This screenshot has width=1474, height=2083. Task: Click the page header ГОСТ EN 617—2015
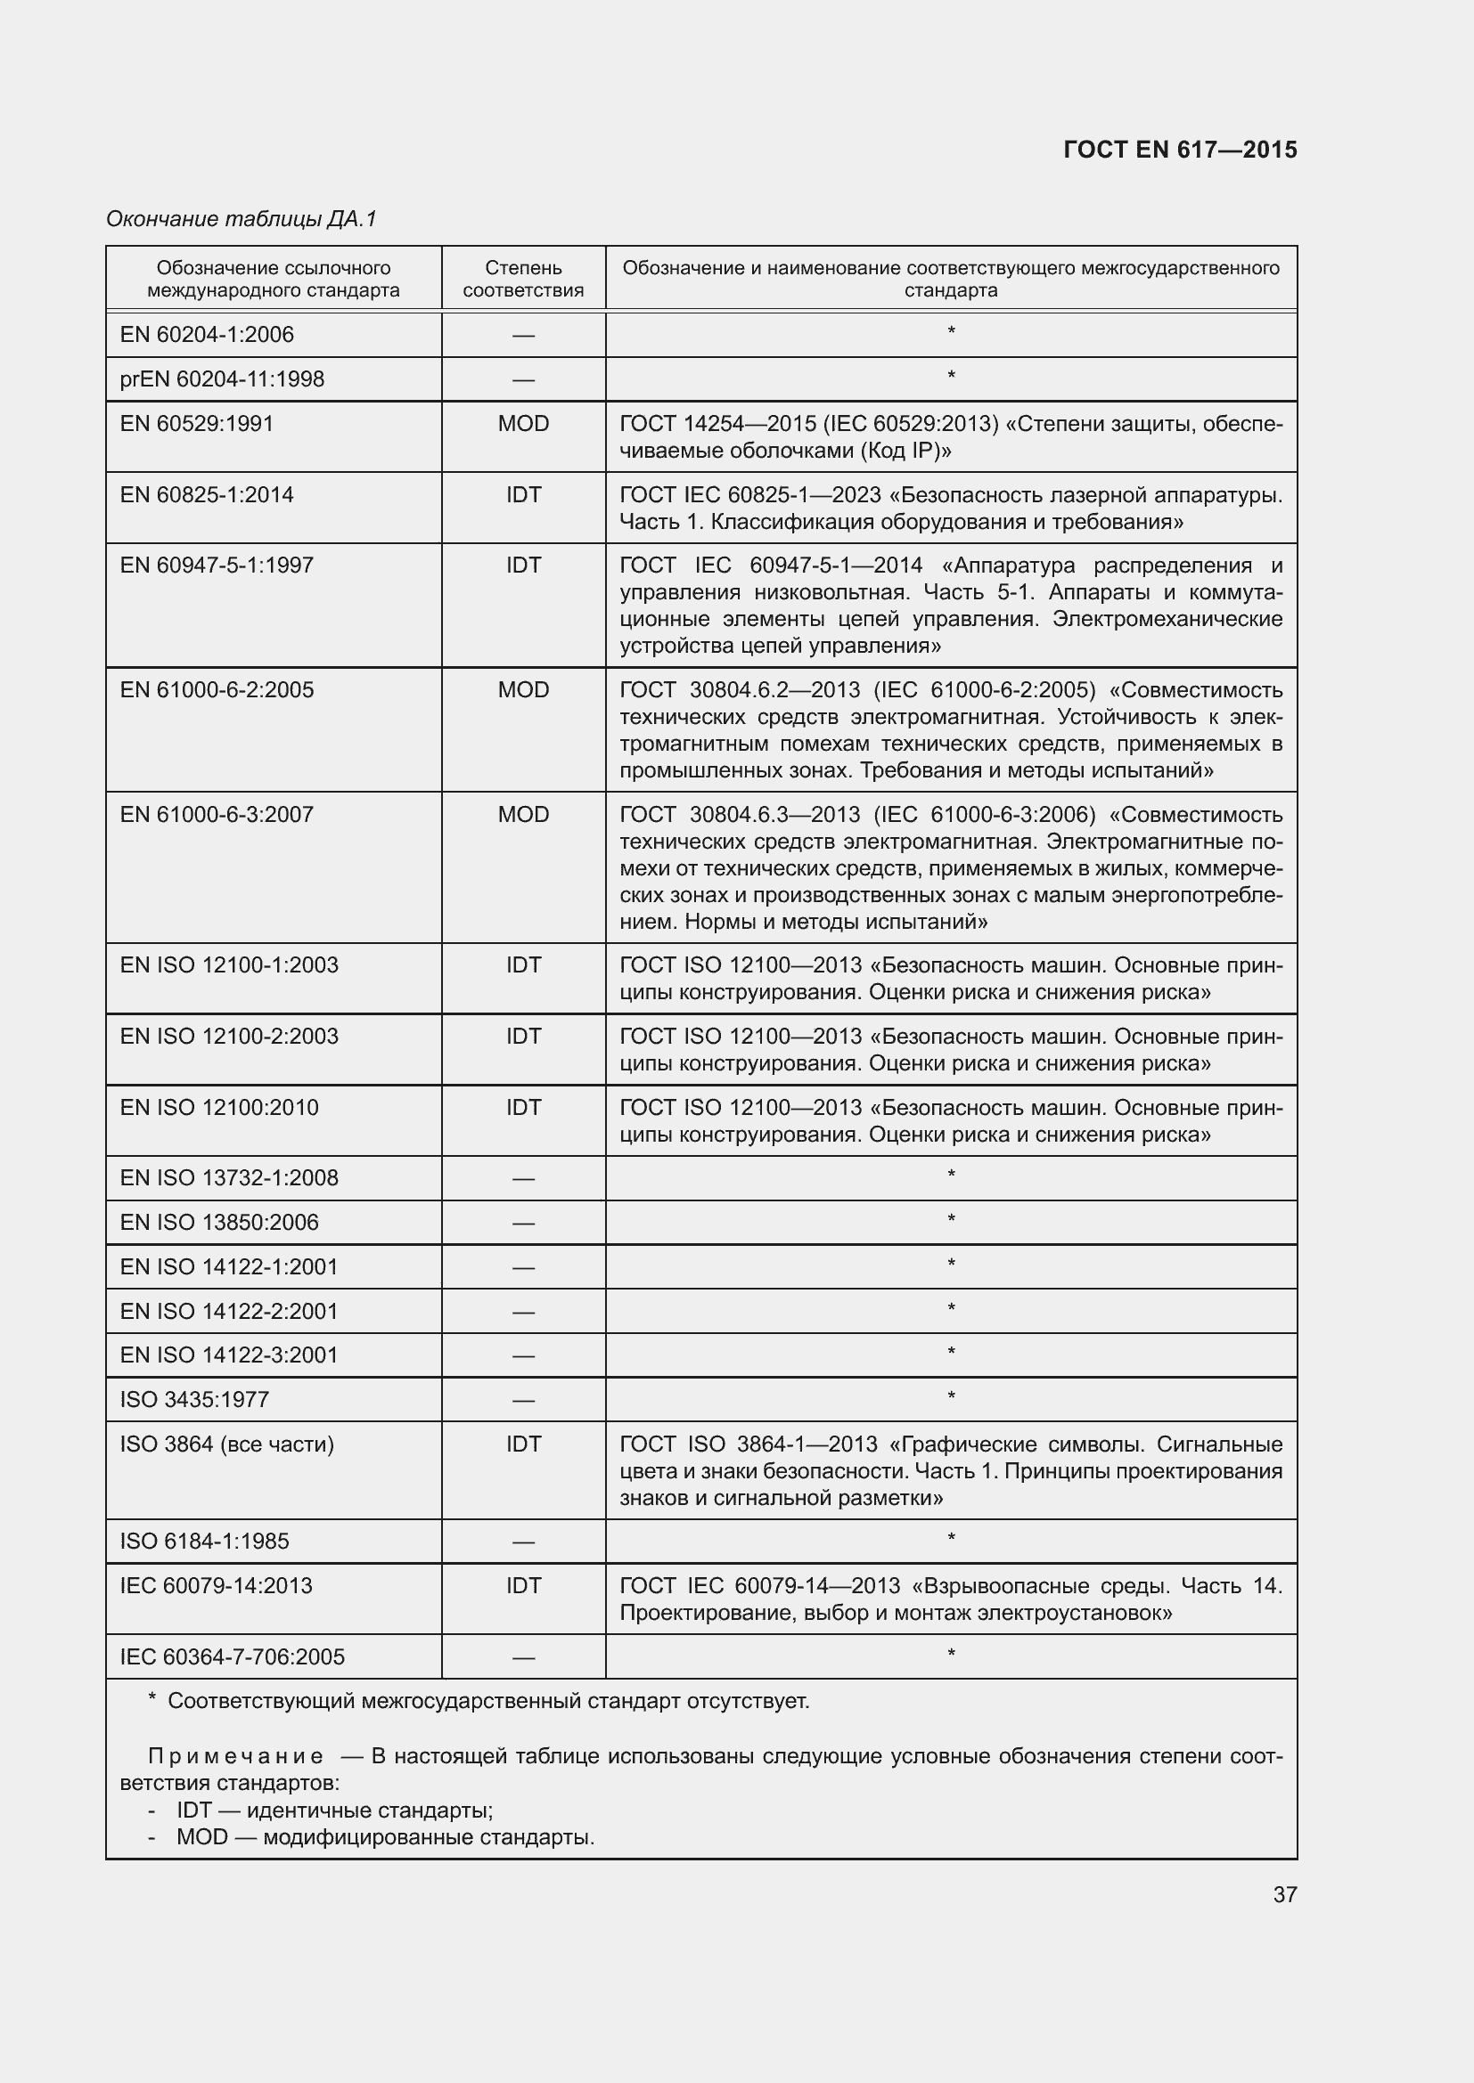[x=1179, y=150]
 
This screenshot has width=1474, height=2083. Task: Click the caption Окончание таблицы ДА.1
[x=241, y=219]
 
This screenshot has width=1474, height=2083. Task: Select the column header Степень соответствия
[x=523, y=279]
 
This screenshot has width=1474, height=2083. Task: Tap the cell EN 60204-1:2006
[x=207, y=335]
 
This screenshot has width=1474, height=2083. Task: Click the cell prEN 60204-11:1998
[x=222, y=379]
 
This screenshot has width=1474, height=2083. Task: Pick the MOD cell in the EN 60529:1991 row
[x=523, y=424]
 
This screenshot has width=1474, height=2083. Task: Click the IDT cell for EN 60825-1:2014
[x=523, y=494]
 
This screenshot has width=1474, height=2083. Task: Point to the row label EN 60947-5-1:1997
[x=216, y=566]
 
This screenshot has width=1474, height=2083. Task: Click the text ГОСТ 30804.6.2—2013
[x=739, y=690]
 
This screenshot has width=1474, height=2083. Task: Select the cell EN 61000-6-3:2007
[x=216, y=815]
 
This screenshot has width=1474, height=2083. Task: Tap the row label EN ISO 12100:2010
[x=218, y=1108]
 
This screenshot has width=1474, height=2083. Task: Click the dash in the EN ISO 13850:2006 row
[x=523, y=1223]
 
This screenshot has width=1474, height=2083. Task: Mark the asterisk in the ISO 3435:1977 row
[x=950, y=1397]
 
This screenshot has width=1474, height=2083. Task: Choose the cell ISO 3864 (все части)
[x=227, y=1444]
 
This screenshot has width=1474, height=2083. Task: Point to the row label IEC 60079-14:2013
[x=216, y=1586]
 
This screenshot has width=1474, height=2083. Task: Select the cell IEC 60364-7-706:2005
[x=233, y=1656]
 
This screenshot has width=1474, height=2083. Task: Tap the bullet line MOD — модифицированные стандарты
[x=385, y=1838]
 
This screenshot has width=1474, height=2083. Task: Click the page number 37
[x=1284, y=1894]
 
